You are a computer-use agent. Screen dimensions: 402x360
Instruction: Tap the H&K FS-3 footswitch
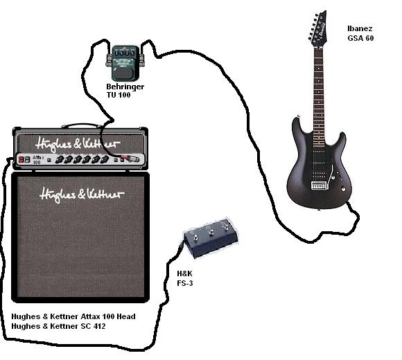point(211,237)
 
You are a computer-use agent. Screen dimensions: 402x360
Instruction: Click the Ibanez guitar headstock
point(318,28)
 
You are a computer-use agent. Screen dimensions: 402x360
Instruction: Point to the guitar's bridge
point(320,186)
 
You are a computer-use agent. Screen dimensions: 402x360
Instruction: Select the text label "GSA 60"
point(360,38)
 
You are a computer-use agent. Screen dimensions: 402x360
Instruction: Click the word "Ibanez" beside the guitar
point(360,28)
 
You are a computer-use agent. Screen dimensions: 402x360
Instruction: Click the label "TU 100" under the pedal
point(119,95)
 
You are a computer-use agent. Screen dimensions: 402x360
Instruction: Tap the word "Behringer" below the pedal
point(125,87)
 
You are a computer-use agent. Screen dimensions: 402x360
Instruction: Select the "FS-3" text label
point(185,283)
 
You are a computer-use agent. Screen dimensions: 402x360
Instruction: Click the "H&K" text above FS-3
point(184,273)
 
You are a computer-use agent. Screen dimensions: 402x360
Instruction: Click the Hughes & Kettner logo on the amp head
point(78,144)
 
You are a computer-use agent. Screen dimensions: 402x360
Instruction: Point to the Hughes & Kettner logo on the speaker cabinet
point(82,195)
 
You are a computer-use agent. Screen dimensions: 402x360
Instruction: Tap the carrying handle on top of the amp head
point(82,125)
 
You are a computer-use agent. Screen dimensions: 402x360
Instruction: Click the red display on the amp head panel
point(24,159)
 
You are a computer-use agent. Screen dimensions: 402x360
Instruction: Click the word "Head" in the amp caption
point(126,316)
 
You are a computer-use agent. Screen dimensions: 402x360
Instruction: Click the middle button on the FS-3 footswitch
point(211,233)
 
